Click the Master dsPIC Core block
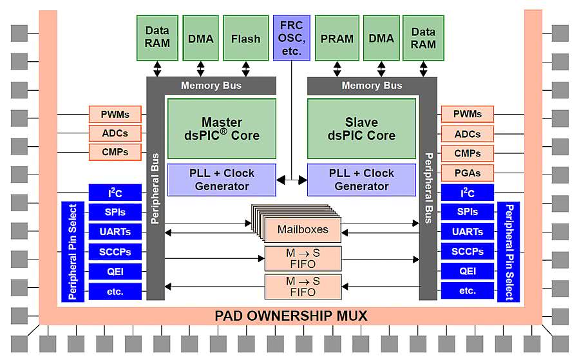click(222, 129)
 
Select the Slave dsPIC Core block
click(361, 129)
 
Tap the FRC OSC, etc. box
click(291, 38)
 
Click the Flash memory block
click(245, 38)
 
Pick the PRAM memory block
click(337, 38)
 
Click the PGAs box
click(467, 173)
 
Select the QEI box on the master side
click(115, 271)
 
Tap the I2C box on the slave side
click(467, 193)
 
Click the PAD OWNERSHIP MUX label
click(290, 316)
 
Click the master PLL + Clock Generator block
click(222, 180)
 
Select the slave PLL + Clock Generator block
click(361, 180)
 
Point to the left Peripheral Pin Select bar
click(73, 252)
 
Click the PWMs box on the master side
click(115, 115)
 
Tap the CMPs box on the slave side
click(467, 153)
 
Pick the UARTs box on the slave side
click(467, 232)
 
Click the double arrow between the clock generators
click(291, 180)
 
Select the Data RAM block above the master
click(157, 38)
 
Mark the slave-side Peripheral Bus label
click(428, 187)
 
